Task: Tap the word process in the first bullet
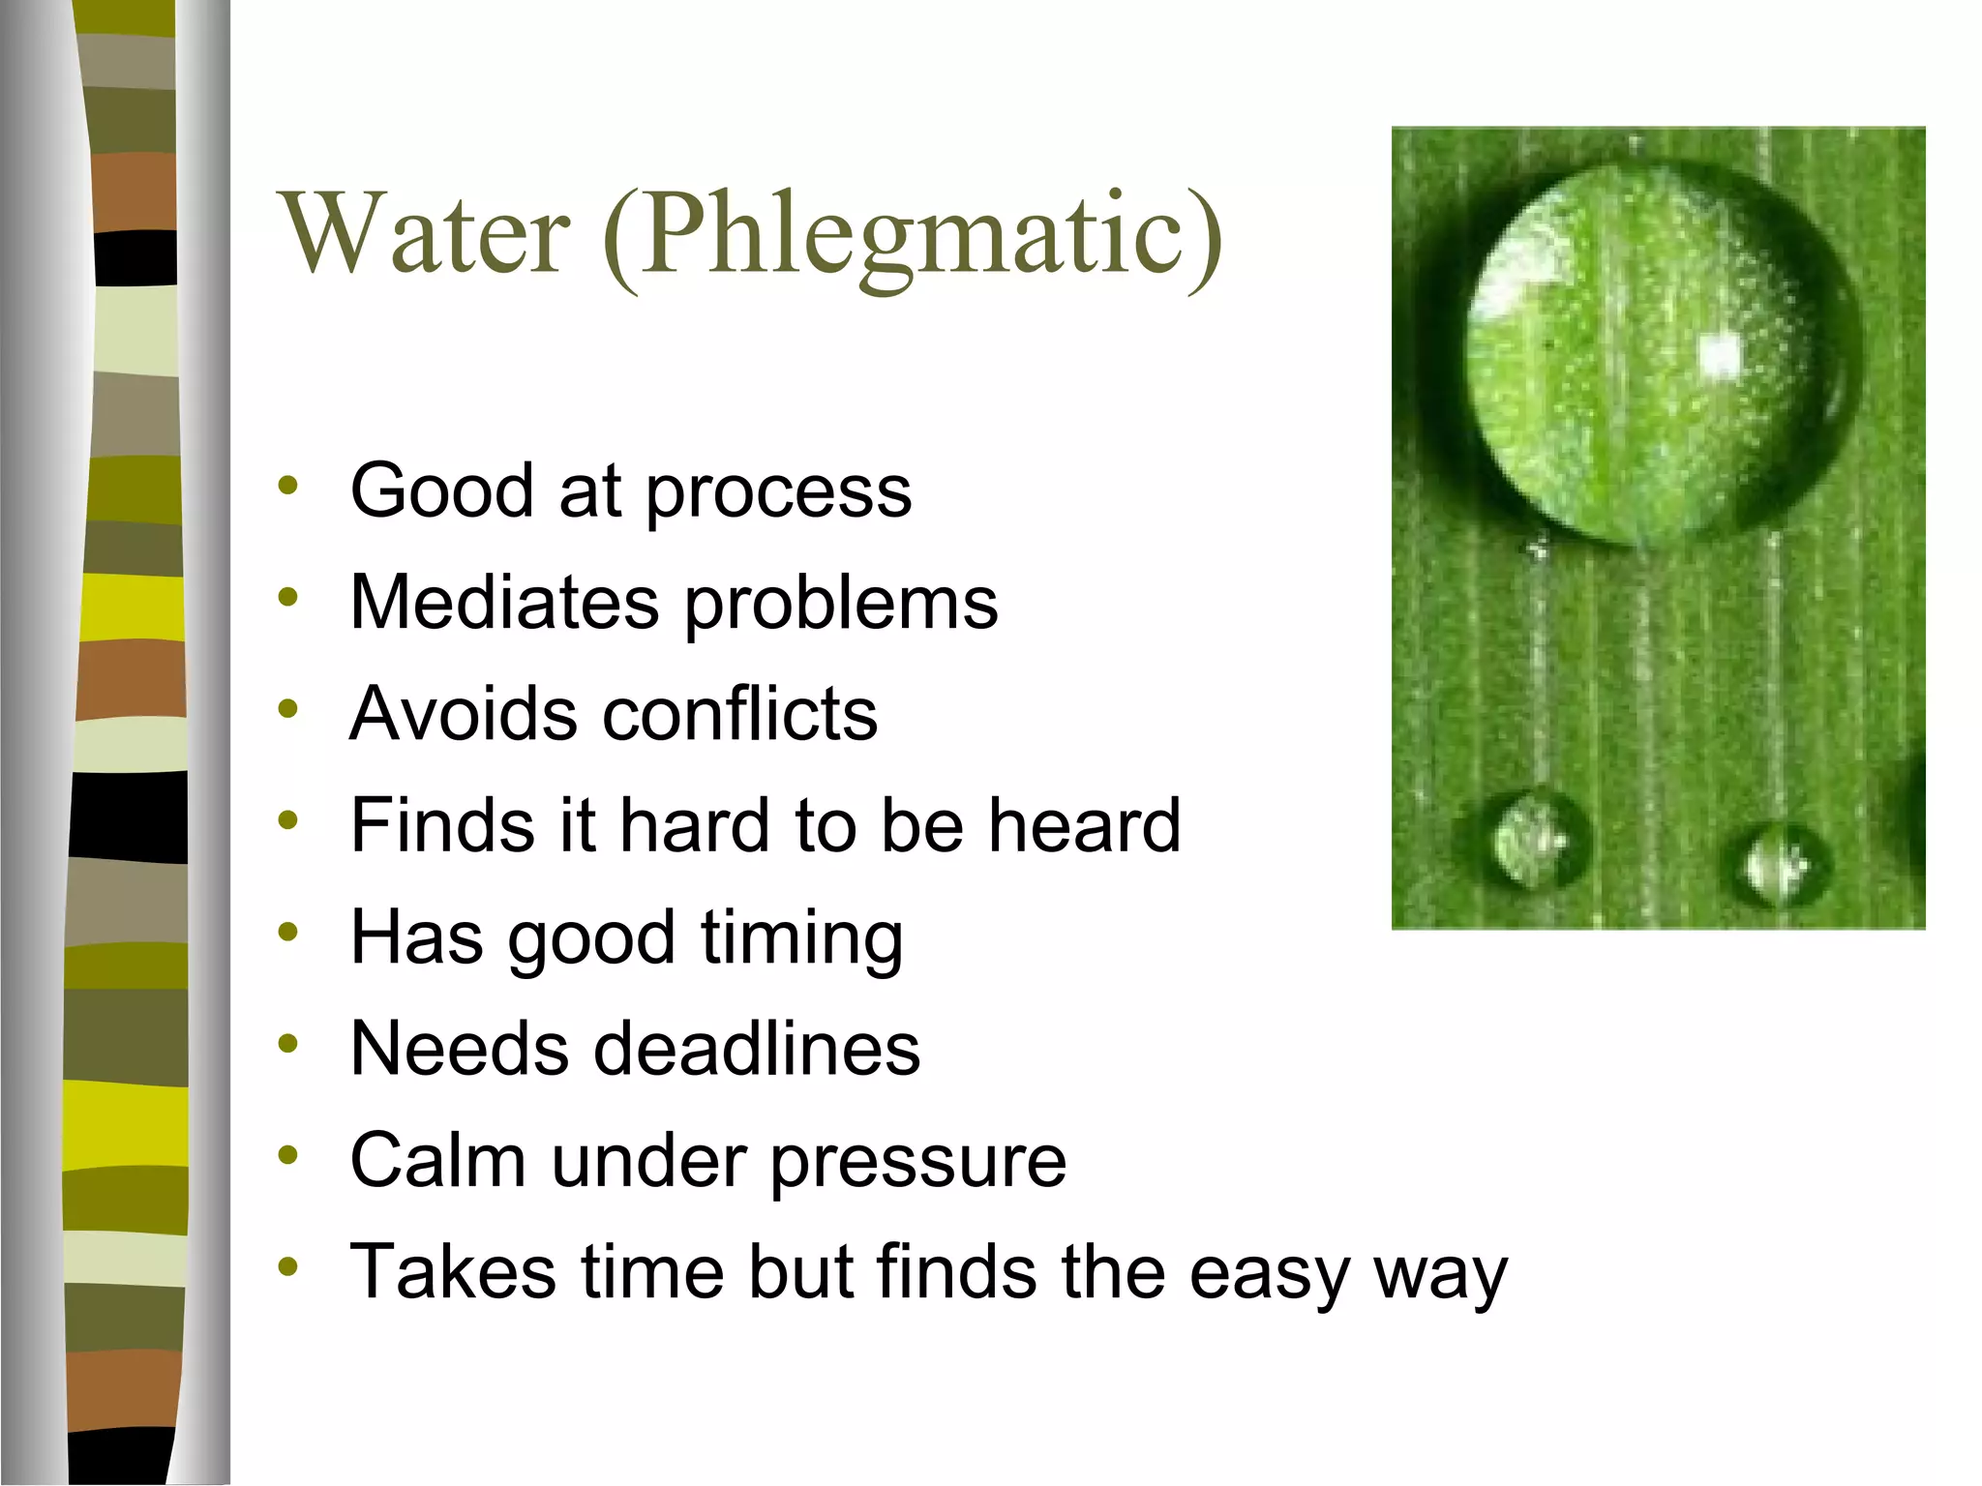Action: pos(778,491)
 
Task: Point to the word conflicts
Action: pos(740,714)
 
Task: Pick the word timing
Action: pos(802,938)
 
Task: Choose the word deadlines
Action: pos(756,1049)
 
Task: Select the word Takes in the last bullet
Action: pos(453,1271)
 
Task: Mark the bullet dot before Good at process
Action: pos(287,486)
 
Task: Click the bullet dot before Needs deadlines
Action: pos(287,1044)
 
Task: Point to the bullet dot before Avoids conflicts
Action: pos(287,709)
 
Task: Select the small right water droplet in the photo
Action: pos(1777,864)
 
